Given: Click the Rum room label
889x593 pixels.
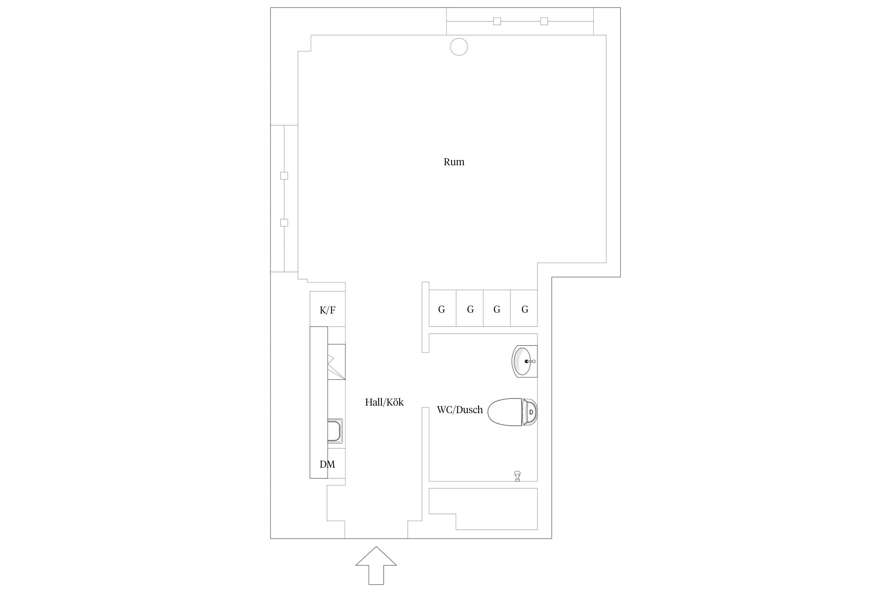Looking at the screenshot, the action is (454, 162).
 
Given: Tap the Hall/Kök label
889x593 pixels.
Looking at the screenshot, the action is (384, 402).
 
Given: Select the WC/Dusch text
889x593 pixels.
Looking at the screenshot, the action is (460, 410).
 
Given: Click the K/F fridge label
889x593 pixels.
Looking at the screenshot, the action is (327, 310).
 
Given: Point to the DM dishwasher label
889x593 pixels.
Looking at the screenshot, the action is (327, 464).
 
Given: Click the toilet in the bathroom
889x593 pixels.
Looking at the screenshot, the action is (512, 412).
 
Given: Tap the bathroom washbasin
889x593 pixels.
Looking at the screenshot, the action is (524, 361).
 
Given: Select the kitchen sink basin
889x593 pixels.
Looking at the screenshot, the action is (335, 431).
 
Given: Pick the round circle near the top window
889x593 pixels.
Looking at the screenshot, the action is (459, 47).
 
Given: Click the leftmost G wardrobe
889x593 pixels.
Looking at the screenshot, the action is (443, 308).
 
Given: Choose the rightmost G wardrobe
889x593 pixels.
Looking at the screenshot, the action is (524, 308).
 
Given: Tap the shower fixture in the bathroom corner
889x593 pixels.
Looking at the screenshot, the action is (517, 476).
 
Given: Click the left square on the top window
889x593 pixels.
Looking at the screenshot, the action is (497, 21).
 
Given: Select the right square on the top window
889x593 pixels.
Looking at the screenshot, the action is (544, 21).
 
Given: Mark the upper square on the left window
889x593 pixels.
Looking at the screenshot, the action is (284, 176).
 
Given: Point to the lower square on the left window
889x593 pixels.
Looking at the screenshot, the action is (284, 223).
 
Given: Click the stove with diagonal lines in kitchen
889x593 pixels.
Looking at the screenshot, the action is (336, 362).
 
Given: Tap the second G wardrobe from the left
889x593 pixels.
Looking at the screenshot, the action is (470, 308).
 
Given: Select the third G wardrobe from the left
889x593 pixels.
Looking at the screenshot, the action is (497, 308).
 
